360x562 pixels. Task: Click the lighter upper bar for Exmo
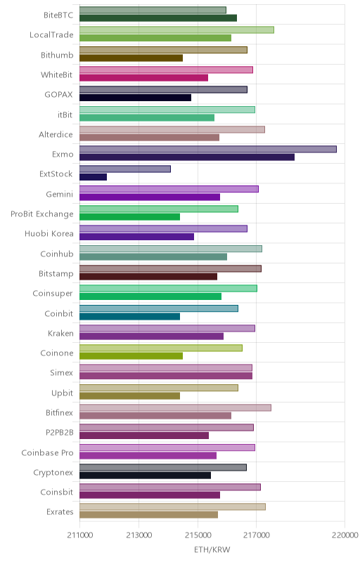pos(208,149)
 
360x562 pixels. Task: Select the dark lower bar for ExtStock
pos(94,177)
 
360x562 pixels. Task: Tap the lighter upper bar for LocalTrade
pos(176,30)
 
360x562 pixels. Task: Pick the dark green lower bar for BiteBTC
pos(158,18)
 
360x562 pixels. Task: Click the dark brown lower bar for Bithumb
pos(131,58)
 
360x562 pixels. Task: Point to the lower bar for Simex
pos(166,376)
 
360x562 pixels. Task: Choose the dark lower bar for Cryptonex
pos(146,476)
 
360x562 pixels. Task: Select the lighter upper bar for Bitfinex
pos(175,407)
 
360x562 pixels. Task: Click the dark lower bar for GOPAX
pos(136,98)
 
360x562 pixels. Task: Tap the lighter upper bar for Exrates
pos(172,507)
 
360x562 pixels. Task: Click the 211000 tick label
pos(80,535)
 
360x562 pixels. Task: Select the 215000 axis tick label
pos(198,535)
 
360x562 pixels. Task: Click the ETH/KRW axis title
pos(212,549)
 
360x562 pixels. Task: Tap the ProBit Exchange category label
pos(42,214)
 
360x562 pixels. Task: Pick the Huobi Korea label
pos(49,234)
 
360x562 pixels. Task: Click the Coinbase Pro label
pos(47,452)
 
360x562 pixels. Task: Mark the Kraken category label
pos(60,333)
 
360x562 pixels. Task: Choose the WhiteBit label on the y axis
pos(57,74)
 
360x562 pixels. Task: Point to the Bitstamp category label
pos(56,274)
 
